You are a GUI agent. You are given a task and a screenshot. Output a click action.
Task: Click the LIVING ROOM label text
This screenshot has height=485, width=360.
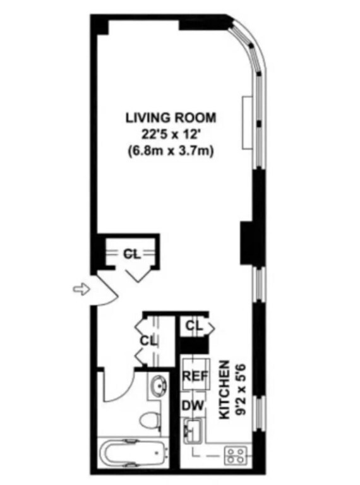pos(171,117)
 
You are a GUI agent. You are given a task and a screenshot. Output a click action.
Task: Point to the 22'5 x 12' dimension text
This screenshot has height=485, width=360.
pos(171,134)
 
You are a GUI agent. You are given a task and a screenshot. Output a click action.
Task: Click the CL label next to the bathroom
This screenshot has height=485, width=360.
pos(148,341)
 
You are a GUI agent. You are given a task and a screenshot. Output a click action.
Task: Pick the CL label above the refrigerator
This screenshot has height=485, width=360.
pos(194,326)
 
